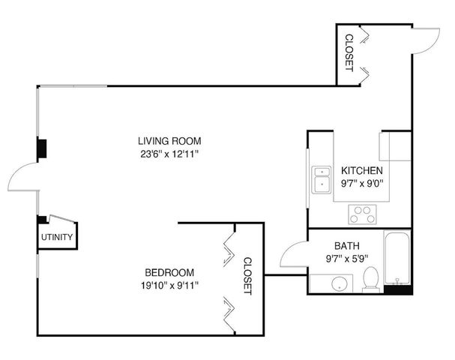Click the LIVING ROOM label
[x=169, y=140]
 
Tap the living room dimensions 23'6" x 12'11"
[x=169, y=153]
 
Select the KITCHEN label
[x=362, y=170]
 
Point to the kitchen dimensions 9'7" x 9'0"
[x=362, y=182]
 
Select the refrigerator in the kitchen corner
[x=395, y=146]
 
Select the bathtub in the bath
[x=397, y=259]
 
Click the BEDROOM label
[x=169, y=271]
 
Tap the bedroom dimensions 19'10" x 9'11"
[x=169, y=284]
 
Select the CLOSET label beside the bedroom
[x=248, y=275]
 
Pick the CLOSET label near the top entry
[x=349, y=52]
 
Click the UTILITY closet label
[x=57, y=238]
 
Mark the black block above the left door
[x=42, y=148]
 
